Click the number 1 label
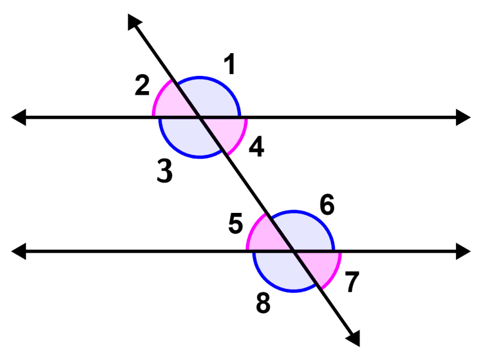pos(229,65)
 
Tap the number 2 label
pos(142,86)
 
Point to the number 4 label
pos(256,147)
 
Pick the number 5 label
pos(236,224)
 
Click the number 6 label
pos(327,205)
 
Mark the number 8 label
pos(263,303)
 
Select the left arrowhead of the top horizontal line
pos(19,117)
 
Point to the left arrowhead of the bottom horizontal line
pos(19,251)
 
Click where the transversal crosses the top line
pos(199,118)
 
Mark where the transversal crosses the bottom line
pos(293,251)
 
